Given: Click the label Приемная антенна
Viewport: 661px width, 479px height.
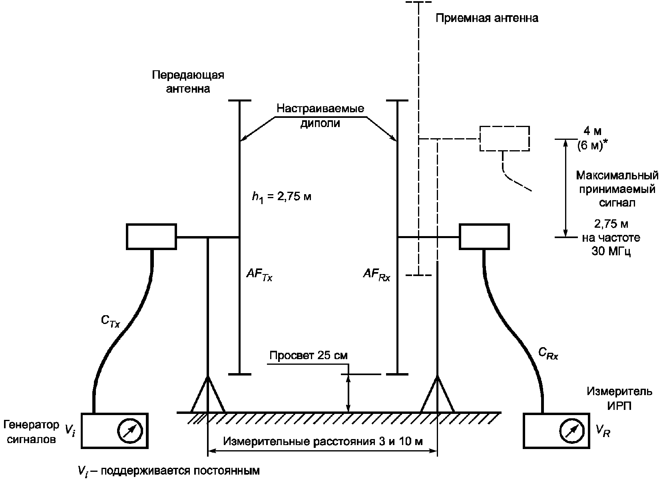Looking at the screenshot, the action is coord(487,18).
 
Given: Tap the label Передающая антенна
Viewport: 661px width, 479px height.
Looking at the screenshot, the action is coord(188,82).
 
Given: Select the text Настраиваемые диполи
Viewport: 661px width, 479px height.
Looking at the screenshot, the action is coord(320,115).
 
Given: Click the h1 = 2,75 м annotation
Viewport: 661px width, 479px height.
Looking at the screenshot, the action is coord(281,197).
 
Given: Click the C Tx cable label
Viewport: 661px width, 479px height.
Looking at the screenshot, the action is coord(110,321).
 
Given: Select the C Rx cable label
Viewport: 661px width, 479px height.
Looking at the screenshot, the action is coord(548,353).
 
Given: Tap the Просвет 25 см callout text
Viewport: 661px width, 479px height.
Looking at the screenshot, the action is coord(309,356).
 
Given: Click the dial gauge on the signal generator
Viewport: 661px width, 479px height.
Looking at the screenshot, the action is coord(130,431).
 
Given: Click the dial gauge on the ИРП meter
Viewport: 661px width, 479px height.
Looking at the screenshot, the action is coord(572,431).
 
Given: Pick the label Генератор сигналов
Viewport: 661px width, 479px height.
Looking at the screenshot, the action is coord(31,432).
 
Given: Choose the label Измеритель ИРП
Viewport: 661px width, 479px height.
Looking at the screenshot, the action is coord(619,398).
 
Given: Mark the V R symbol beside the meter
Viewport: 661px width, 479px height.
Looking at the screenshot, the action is coord(603,431).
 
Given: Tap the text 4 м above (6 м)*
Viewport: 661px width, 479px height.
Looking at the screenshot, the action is coord(593,131).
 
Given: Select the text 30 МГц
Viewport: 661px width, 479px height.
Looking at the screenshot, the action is coord(611,251).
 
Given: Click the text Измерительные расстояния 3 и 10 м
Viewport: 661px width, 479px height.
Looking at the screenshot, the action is coord(323,441).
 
